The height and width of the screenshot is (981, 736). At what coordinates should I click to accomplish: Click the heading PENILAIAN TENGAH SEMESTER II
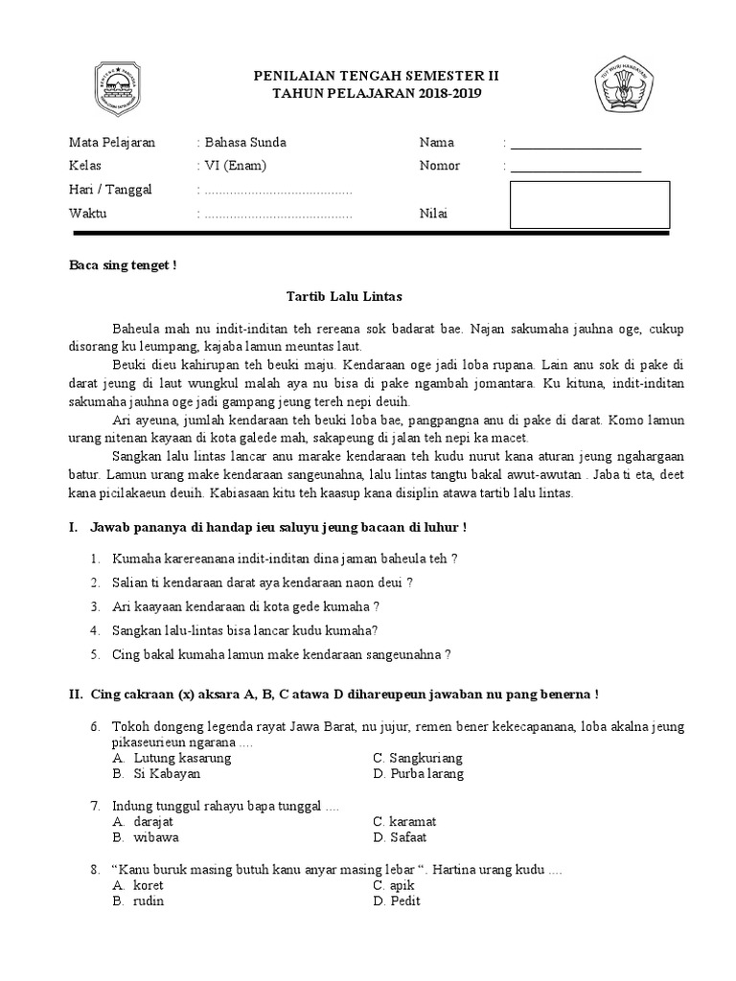[x=375, y=76]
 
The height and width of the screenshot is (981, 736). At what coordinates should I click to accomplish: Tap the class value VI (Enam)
[x=236, y=166]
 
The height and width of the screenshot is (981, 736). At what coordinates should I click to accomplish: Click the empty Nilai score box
[x=589, y=205]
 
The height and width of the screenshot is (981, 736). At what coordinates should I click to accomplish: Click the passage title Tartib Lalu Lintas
[x=346, y=297]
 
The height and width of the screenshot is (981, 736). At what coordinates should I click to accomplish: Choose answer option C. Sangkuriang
[x=418, y=758]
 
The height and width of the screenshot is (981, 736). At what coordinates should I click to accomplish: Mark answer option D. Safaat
[x=401, y=837]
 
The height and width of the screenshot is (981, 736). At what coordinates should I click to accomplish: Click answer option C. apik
[x=394, y=886]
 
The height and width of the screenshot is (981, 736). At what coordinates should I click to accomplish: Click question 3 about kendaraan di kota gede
[x=245, y=606]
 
